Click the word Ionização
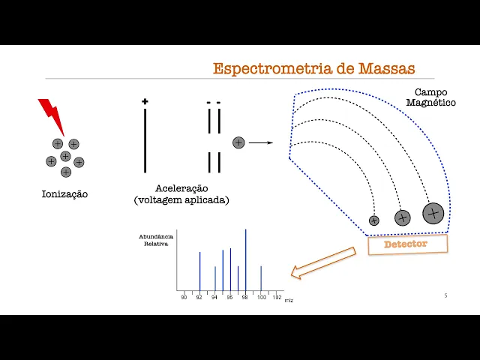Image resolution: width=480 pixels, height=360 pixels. [x=64, y=194]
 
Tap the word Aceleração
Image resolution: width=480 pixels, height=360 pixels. [x=181, y=188]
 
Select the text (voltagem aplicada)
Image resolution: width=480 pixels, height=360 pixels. [x=181, y=200]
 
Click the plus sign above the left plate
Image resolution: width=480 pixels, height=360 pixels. [x=145, y=101]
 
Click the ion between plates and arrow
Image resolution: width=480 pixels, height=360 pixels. [x=238, y=142]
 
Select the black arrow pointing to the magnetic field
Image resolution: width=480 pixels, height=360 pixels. [x=260, y=142]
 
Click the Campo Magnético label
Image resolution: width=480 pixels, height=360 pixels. [x=430, y=97]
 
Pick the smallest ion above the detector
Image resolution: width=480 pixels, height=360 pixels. [x=374, y=220]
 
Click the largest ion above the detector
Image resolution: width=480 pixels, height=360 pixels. [x=432, y=214]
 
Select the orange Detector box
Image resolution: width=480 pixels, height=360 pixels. [x=406, y=244]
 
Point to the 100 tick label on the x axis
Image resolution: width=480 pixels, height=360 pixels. [x=261, y=298]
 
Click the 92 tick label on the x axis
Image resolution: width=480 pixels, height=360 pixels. [x=199, y=298]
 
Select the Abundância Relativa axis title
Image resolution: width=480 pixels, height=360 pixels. [x=156, y=240]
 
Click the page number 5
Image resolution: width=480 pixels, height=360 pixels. [x=445, y=295]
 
